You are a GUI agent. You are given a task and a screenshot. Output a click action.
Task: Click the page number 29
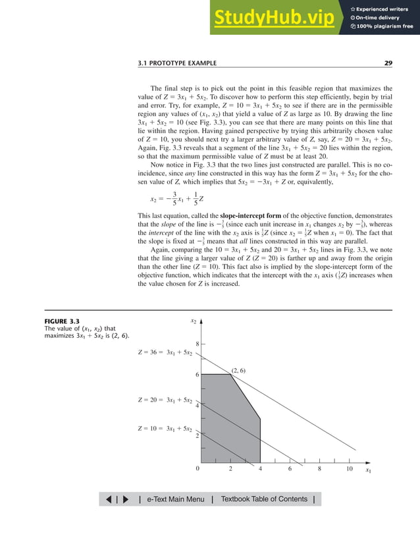point(388,63)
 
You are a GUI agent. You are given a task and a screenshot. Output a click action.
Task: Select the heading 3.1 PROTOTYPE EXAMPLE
point(177,63)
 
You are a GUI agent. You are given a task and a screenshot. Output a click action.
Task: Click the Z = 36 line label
point(165,353)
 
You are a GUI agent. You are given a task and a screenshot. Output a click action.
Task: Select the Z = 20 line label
point(165,400)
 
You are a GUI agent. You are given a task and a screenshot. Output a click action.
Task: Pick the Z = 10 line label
point(165,429)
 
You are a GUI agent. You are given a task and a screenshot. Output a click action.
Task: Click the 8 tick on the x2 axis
point(197,344)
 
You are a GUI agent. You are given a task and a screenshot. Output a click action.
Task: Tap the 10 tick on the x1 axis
point(350,470)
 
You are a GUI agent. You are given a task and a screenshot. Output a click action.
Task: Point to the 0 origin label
point(197,470)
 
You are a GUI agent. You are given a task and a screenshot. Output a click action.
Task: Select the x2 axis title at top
point(194,321)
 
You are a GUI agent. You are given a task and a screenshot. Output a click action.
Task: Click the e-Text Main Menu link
point(176,499)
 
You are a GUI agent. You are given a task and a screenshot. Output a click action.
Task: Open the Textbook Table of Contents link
point(265,499)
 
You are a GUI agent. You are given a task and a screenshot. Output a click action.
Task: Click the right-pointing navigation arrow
point(126,500)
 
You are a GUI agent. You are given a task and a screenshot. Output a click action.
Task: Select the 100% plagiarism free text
point(385,26)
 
